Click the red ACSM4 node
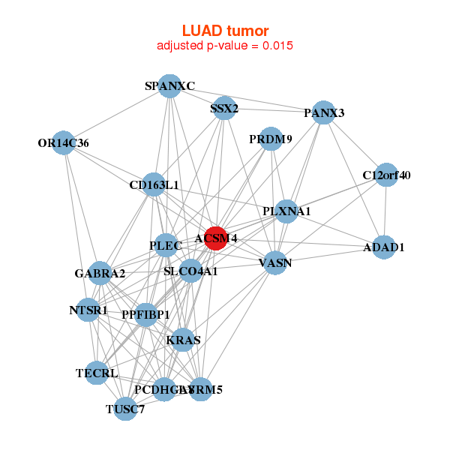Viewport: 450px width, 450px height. point(215,238)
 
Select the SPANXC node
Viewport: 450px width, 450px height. point(169,86)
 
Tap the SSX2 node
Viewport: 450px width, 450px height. point(223,109)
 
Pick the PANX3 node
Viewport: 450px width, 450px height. point(323,113)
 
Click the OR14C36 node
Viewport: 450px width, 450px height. point(64,143)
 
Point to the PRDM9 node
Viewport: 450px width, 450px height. point(271,139)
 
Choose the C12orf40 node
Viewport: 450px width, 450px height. point(385,175)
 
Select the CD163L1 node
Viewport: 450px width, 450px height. point(154,184)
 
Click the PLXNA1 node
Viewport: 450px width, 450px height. point(286,211)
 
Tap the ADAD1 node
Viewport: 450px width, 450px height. point(383,247)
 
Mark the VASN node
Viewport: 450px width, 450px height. point(275,262)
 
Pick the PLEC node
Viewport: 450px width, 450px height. point(166,245)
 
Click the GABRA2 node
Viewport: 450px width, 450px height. point(100,273)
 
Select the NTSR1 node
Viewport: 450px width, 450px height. point(88,310)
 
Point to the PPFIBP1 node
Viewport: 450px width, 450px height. point(146,314)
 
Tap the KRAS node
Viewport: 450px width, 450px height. point(183,340)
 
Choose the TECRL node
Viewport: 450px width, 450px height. point(97,373)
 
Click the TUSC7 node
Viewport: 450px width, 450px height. point(125,409)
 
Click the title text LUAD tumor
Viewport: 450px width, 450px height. point(225,30)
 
